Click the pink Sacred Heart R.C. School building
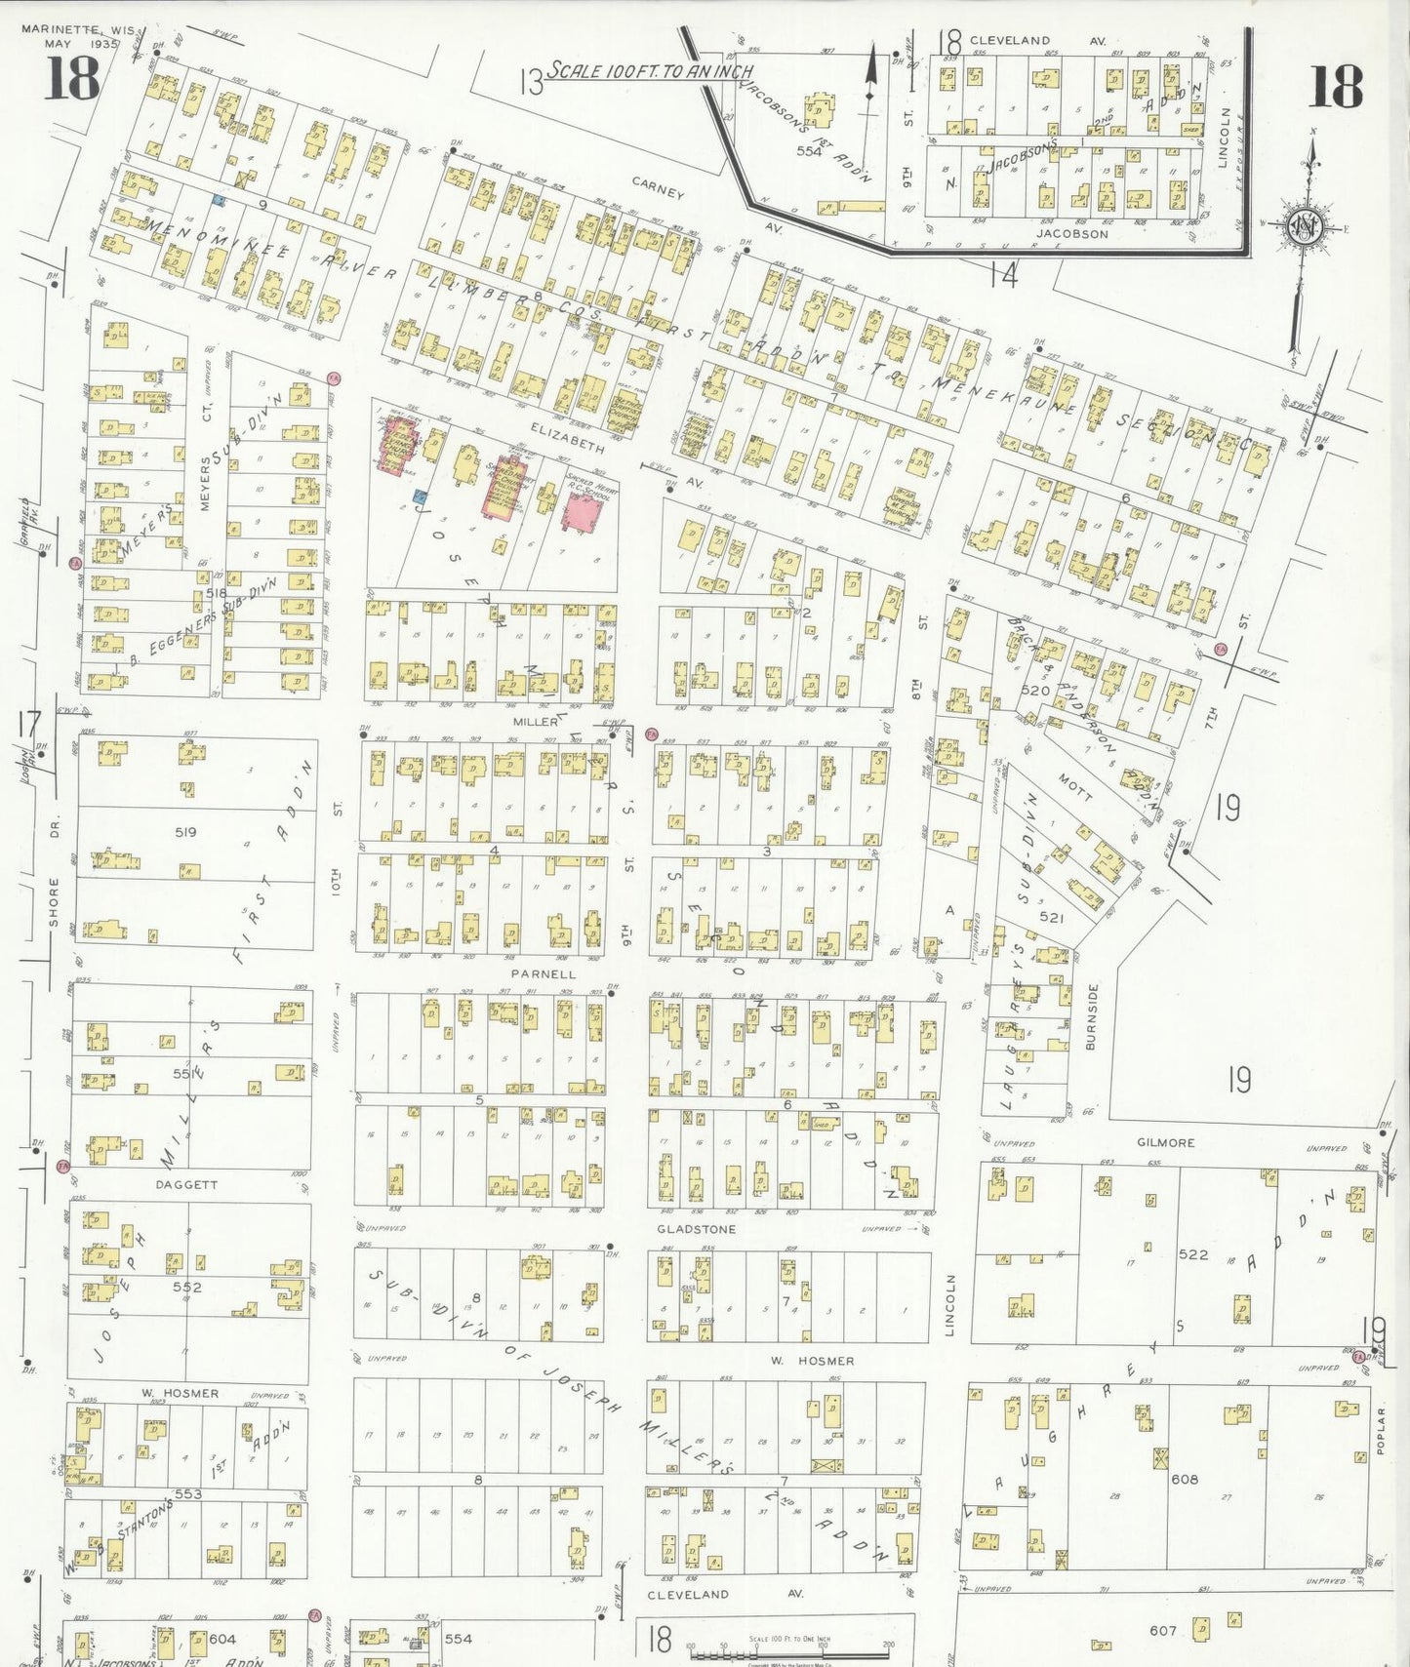pos(588,512)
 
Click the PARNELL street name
pos(544,973)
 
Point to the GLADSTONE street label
pos(696,1229)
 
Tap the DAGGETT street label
pos(185,1184)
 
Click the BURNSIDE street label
pos(1091,1015)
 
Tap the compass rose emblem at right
pos(1305,226)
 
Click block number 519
pos(185,832)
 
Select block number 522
pos(1193,1254)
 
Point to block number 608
pos(1185,1479)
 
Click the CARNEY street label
pos(657,188)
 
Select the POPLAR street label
pos(1381,1431)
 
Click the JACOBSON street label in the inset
pos(1071,233)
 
